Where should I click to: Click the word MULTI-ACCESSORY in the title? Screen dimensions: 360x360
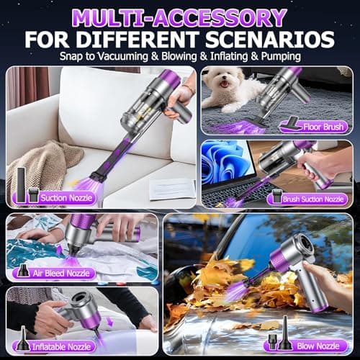coord(180,16)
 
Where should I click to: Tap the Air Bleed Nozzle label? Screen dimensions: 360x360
coord(68,273)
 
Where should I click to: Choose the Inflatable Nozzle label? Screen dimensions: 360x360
coord(69,346)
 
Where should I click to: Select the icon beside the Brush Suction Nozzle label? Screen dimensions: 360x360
coord(276,195)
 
